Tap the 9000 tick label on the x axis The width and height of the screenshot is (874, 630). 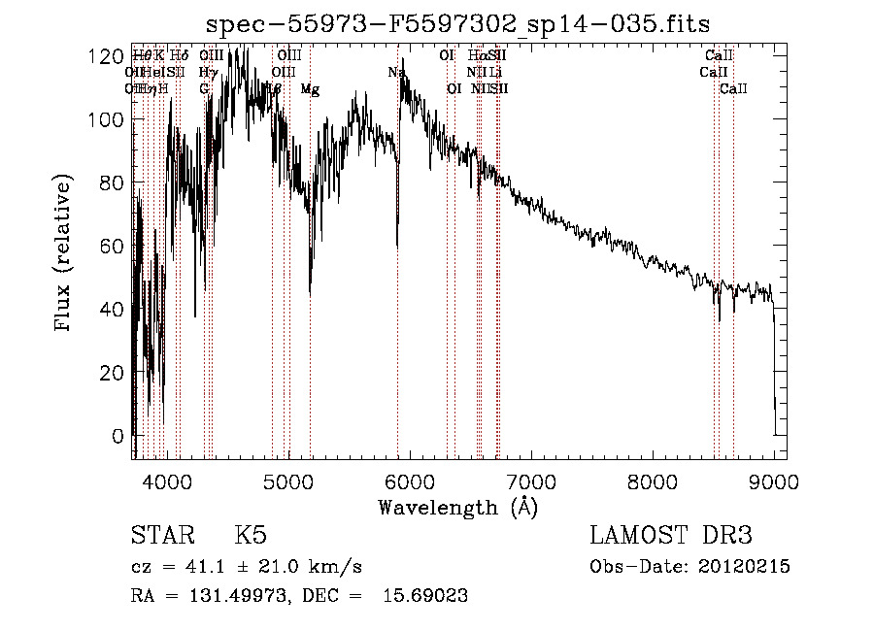pos(773,479)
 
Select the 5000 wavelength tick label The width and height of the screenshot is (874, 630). pos(287,479)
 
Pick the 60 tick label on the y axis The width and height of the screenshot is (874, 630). pos(109,247)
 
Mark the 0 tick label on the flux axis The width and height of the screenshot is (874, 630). pos(116,436)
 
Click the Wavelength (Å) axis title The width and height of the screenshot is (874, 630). pos(457,506)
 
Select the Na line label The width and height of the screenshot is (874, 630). pos(396,72)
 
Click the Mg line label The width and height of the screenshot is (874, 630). pos(310,89)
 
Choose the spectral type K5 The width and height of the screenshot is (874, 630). pos(251,535)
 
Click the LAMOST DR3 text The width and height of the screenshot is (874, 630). pos(671,535)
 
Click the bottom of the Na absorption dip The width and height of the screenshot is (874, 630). pos(397,248)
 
